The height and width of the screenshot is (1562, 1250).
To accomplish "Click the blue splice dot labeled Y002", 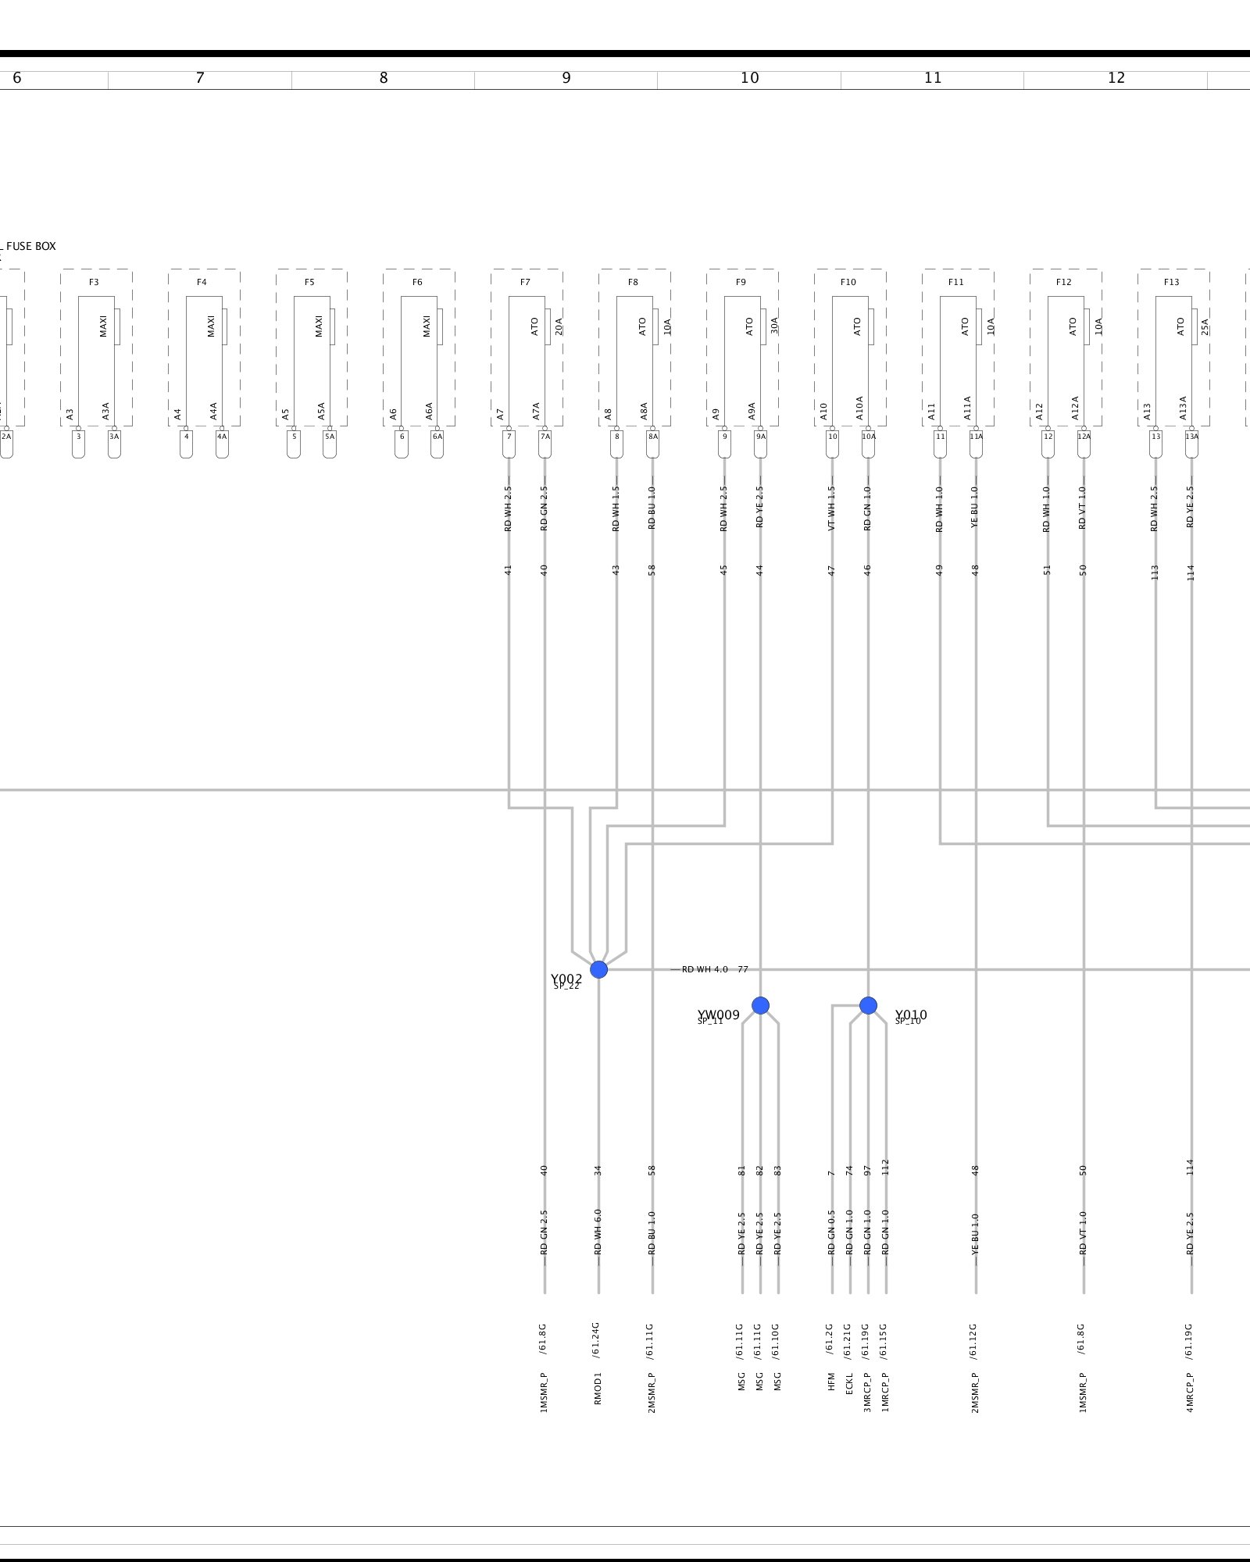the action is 598,969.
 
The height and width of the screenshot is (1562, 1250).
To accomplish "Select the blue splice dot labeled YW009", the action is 760,1005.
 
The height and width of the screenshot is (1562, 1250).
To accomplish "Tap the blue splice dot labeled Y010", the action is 868,1005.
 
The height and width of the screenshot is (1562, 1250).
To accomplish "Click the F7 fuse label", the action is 525,282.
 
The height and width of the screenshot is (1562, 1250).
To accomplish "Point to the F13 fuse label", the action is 1171,282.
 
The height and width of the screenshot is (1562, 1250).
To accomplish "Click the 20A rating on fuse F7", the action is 559,326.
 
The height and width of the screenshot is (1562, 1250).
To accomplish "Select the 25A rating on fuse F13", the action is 1205,326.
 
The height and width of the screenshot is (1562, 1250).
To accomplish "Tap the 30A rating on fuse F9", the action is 774,326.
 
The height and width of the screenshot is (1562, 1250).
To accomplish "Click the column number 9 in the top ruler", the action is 566,78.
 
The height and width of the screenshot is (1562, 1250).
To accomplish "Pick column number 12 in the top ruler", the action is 1116,78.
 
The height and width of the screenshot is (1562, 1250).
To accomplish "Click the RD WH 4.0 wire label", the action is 705,969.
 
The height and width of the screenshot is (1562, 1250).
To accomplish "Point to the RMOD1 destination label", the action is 598,1388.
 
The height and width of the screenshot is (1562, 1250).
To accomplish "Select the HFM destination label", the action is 831,1382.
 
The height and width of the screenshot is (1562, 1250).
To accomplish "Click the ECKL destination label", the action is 849,1384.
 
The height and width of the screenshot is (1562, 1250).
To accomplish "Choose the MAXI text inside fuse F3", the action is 103,326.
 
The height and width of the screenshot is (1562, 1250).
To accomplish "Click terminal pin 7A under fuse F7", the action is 545,437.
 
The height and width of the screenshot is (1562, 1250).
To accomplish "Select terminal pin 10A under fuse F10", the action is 868,437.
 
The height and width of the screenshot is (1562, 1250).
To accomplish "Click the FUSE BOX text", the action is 31,246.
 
